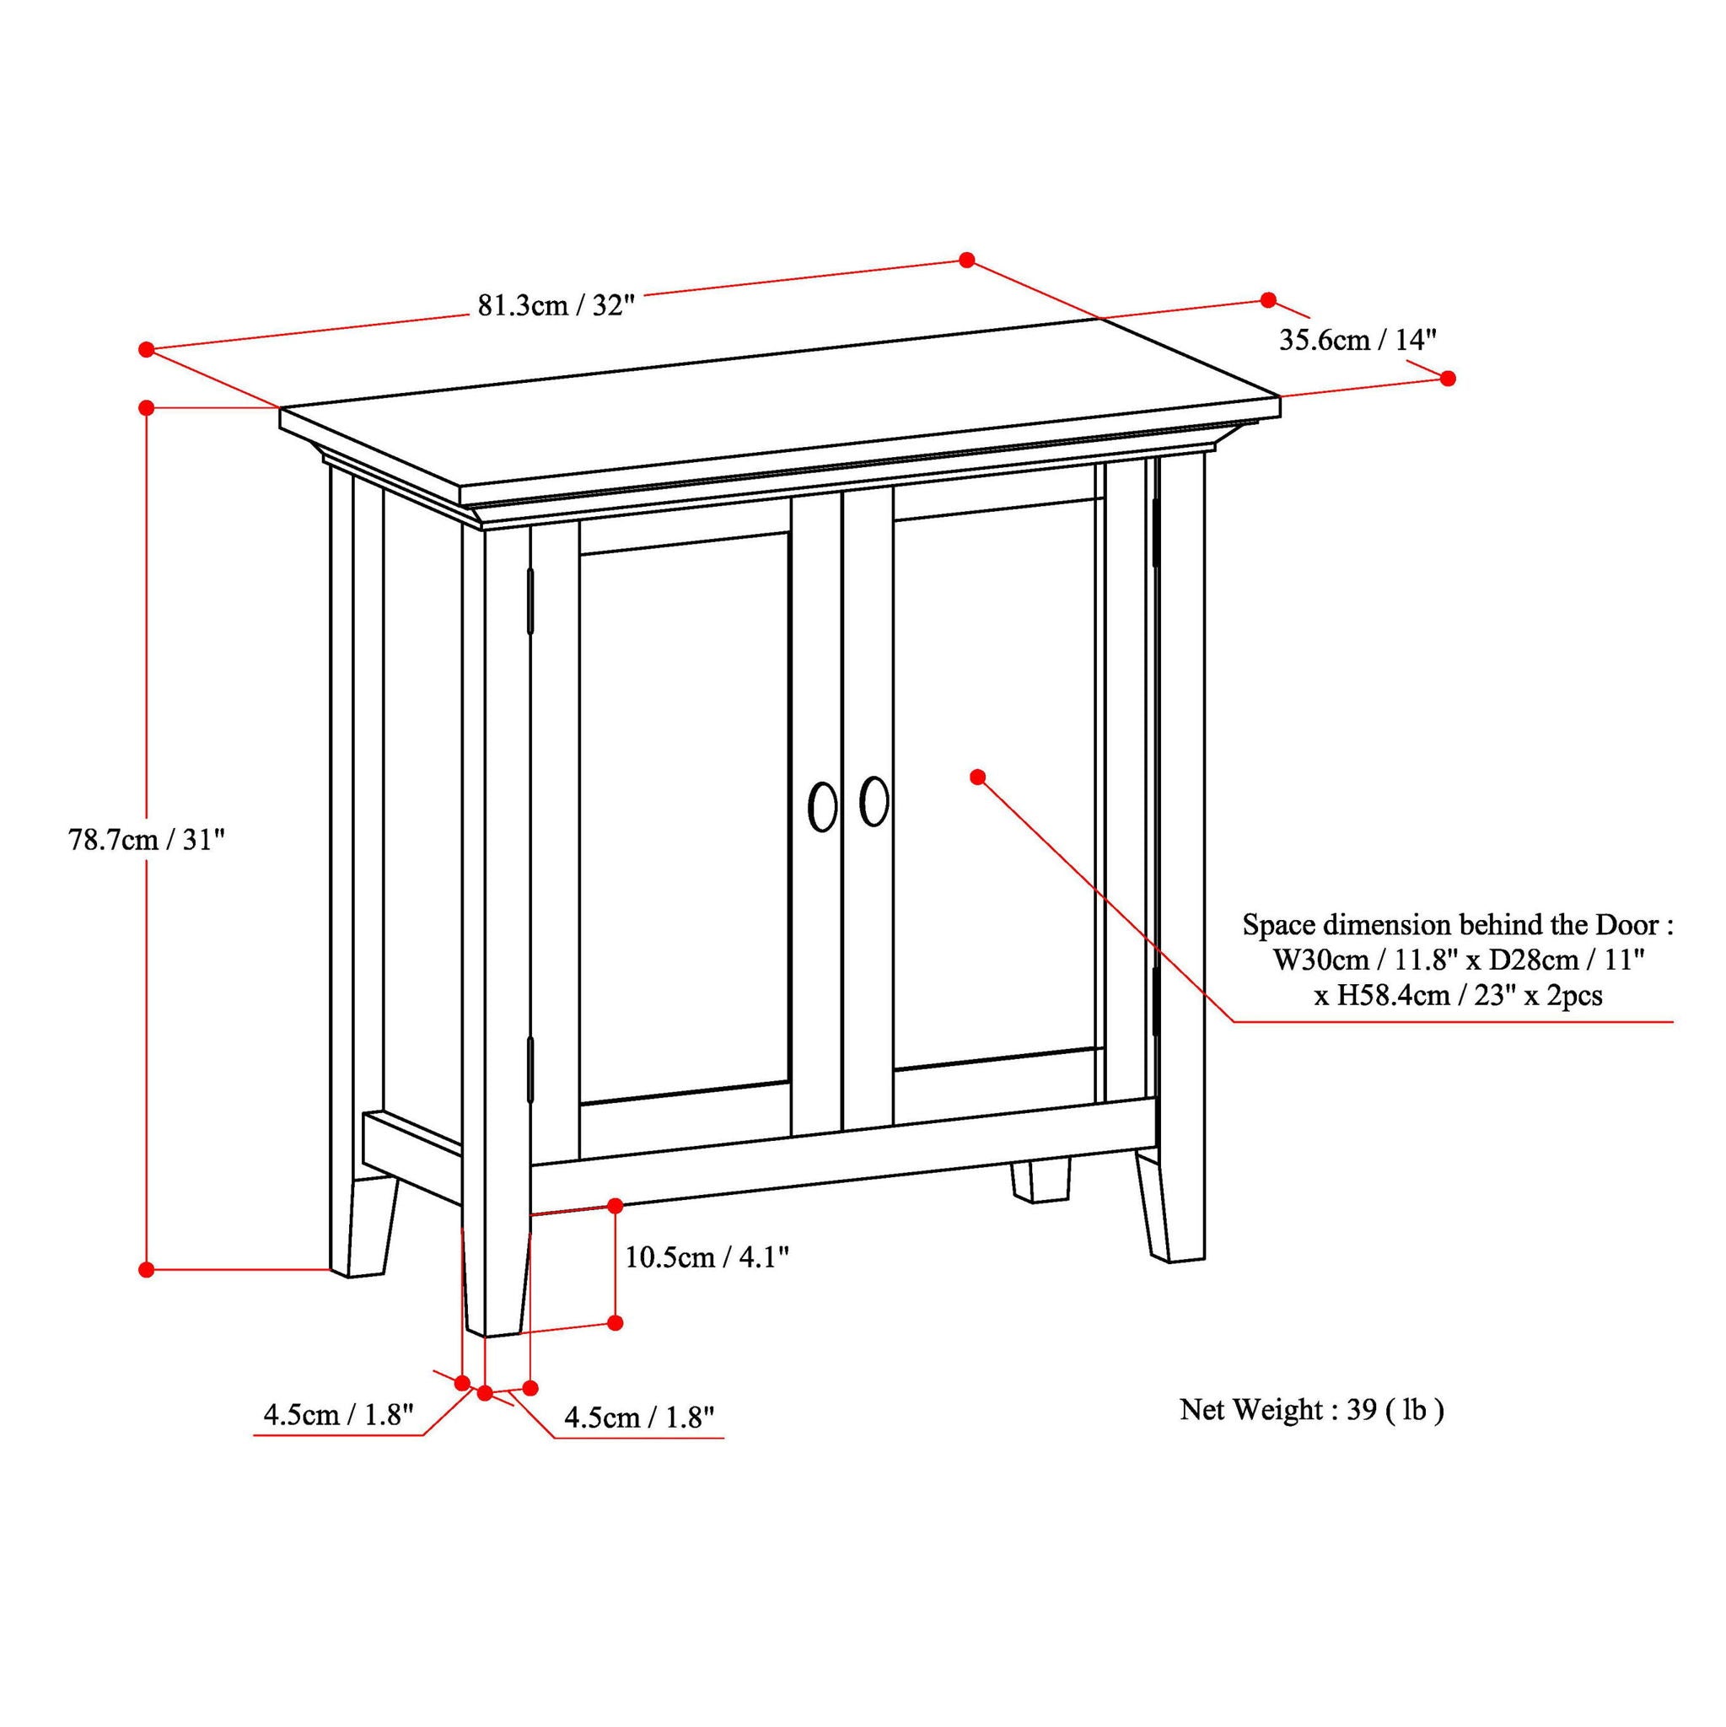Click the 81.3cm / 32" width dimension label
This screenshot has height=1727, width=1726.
555,306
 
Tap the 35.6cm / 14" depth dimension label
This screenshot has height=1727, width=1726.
1358,340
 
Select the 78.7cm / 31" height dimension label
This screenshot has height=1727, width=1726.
146,839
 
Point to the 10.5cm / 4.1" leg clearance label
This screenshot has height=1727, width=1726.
706,1256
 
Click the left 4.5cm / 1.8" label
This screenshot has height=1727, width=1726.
339,1415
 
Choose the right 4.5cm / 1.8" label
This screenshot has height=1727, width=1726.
639,1417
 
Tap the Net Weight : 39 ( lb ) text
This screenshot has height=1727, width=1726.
1311,1410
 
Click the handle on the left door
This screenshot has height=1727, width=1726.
822,808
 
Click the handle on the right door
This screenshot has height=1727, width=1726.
874,802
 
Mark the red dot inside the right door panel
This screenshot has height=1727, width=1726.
978,777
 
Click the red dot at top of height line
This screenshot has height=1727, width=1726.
148,407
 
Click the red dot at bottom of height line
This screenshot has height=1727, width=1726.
148,1268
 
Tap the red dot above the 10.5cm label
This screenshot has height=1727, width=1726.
615,1206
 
